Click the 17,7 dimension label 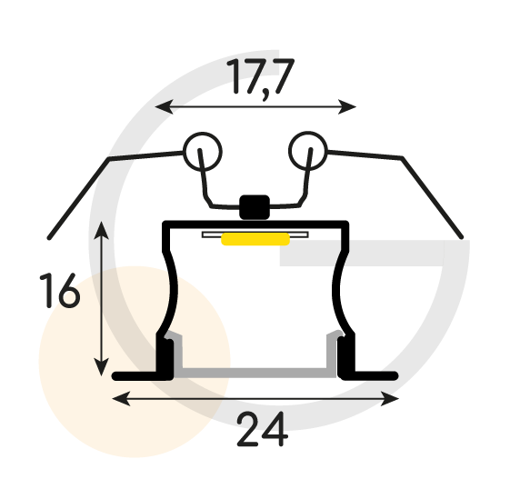pos(261,78)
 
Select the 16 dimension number pos(59,291)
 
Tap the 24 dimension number pos(263,429)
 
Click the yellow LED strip pos(255,239)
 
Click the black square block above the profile pos(255,207)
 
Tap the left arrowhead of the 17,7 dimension pos(164,106)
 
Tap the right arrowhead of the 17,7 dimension pos(347,106)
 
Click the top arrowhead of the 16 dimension pos(102,230)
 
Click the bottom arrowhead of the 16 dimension pos(102,367)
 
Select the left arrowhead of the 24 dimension pos(121,399)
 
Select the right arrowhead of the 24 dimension pos(390,399)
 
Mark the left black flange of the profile pos(143,376)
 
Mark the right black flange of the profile pos(368,375)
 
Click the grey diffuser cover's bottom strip pos(255,373)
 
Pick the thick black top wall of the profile pos(255,225)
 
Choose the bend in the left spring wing pos(109,159)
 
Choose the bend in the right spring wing pos(403,158)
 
